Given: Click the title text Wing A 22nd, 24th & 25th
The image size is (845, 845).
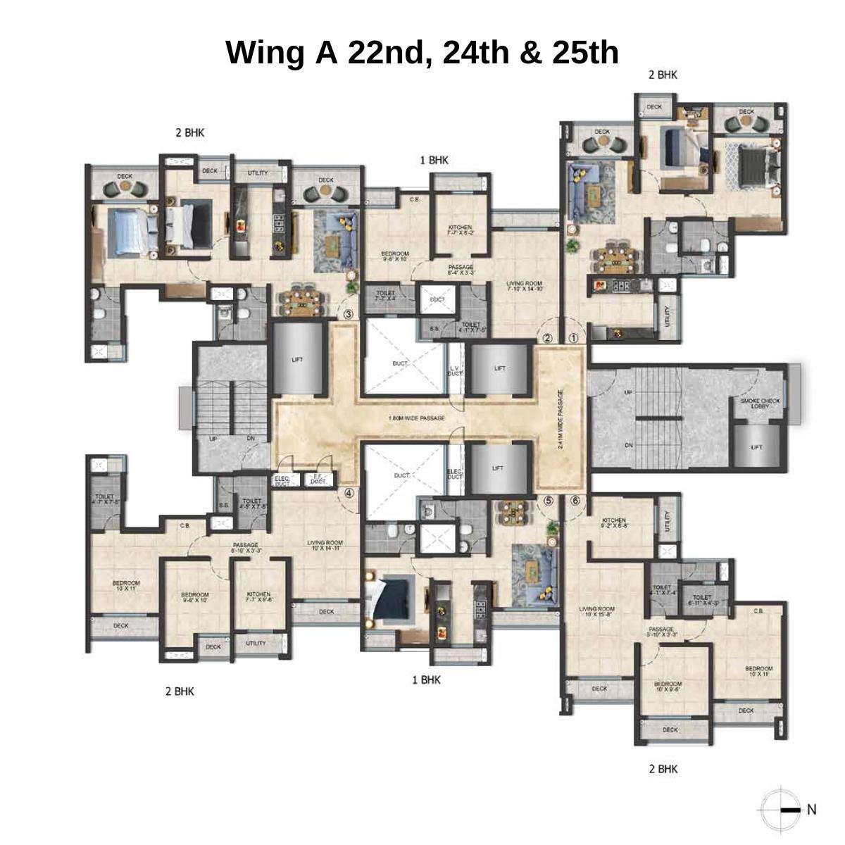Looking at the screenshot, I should point(422,53).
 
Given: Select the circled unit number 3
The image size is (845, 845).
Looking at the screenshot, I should point(347,314).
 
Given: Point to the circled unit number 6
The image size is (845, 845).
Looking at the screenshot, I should point(575,501).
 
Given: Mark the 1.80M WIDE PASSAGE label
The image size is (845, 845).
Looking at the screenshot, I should point(416,418).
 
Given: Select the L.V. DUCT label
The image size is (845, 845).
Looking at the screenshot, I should point(455,370).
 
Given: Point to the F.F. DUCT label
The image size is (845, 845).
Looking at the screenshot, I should point(318,480).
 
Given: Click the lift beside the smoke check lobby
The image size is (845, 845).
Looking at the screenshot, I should point(756,446).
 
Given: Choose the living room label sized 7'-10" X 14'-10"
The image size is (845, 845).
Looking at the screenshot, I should point(525,286).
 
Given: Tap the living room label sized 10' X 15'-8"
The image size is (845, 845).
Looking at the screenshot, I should point(597,611).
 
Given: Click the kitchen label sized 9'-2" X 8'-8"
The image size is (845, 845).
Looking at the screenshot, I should point(614,522).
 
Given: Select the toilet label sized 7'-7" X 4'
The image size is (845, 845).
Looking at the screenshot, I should point(386,296).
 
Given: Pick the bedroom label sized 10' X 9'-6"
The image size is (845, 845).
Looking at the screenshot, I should point(668,687).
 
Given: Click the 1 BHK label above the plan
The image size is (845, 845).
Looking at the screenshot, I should point(434,161).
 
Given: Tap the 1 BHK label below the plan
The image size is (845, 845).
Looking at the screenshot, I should point(426,680).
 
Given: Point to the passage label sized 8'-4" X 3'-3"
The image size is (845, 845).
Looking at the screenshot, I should point(462,270).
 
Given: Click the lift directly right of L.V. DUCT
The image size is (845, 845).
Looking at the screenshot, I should point(499,368).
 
